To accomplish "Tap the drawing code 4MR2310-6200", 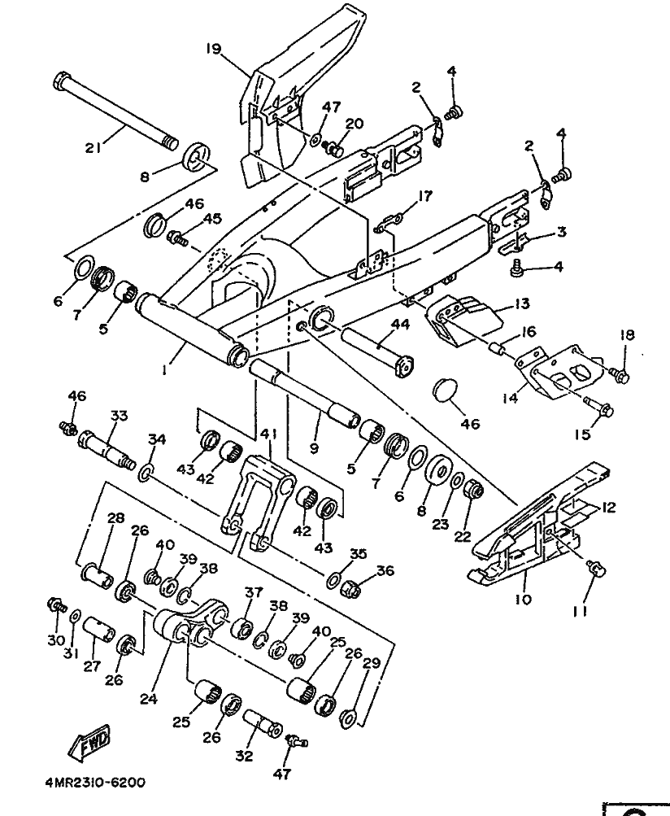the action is click(x=94, y=783).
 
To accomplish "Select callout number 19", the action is click(x=213, y=49).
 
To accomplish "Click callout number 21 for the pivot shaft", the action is click(x=94, y=147).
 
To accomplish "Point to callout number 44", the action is click(x=400, y=325).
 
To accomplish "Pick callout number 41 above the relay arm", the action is click(x=269, y=434).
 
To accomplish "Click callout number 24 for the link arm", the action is click(x=148, y=699).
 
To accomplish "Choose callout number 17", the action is click(x=425, y=196).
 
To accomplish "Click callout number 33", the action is click(x=120, y=417).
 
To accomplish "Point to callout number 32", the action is click(x=244, y=756).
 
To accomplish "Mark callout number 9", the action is click(x=314, y=448).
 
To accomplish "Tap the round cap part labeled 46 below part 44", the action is click(x=444, y=390).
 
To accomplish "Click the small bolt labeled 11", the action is click(x=595, y=569).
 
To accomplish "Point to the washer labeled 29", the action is click(x=347, y=718).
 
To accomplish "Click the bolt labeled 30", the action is click(x=55, y=604).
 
